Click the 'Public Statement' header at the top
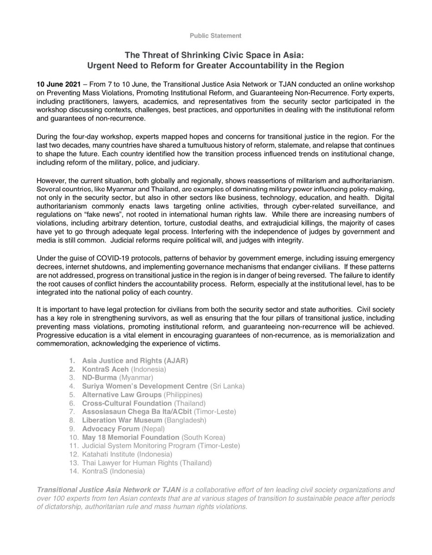point(216,35)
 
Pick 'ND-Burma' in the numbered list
point(98,377)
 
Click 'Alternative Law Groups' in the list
point(122,395)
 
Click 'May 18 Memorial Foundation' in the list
point(131,438)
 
